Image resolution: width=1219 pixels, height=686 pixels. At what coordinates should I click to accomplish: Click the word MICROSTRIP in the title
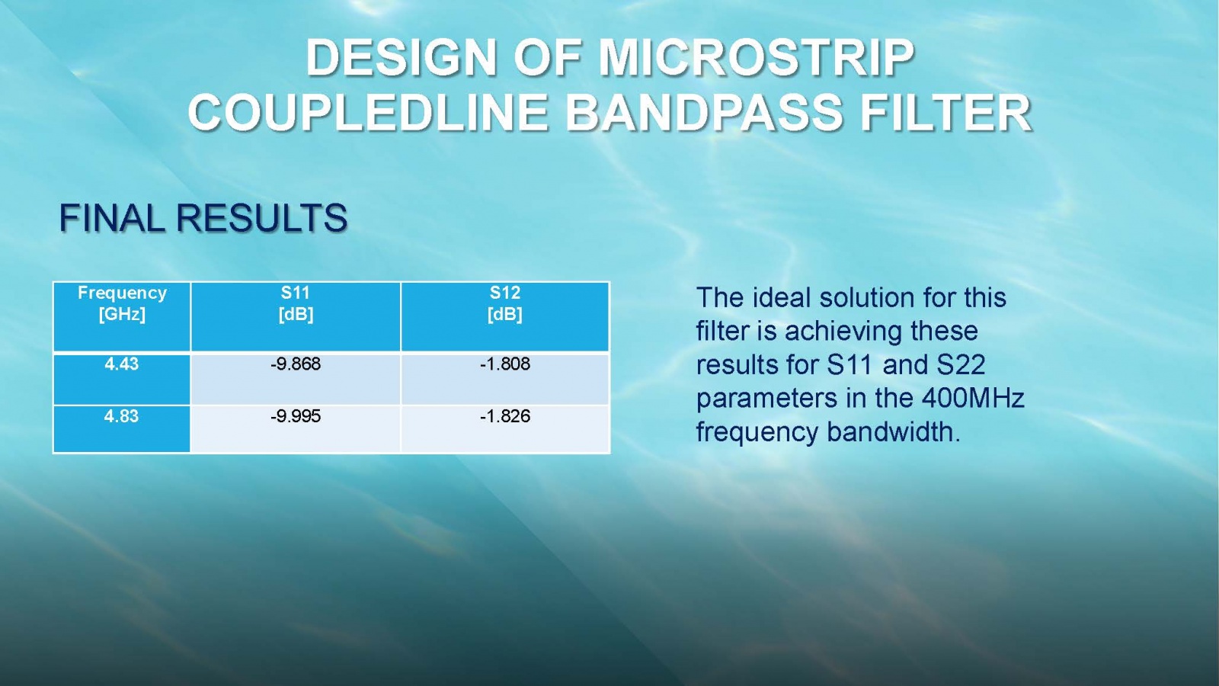756,57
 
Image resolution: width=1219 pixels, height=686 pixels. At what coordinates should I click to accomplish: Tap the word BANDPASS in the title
704,113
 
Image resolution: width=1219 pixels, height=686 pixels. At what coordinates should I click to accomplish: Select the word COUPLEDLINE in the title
367,113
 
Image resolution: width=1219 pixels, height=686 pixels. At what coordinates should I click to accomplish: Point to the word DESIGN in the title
401,57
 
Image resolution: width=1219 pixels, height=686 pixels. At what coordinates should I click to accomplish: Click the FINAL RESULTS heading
203,218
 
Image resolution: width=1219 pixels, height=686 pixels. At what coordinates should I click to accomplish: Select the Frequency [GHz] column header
122,303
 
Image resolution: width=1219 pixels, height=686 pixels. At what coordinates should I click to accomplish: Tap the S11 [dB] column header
296,303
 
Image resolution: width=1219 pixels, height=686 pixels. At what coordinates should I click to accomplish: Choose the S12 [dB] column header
505,303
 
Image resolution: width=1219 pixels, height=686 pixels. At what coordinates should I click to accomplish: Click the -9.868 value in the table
296,364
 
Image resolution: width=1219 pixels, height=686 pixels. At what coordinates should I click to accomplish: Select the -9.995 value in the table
296,416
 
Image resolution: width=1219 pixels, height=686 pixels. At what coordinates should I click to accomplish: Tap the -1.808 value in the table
505,364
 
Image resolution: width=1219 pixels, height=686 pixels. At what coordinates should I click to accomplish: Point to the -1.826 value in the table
505,416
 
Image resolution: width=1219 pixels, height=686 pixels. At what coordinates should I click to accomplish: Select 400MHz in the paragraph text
973,398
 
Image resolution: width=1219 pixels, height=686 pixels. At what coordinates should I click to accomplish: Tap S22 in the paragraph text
961,364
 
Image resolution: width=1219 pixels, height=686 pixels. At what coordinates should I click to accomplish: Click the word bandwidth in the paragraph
894,431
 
